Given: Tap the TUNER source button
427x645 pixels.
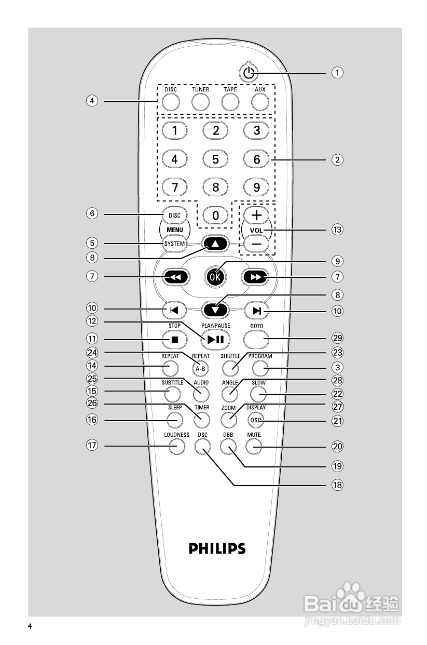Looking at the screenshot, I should coord(200,102).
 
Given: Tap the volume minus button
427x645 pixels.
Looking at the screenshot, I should coord(257,244).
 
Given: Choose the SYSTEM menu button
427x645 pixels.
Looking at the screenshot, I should coord(175,244).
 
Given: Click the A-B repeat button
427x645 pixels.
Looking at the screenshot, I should coord(200,368).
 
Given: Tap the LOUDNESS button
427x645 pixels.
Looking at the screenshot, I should coord(177,445).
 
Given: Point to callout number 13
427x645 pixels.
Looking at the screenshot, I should coord(338,229).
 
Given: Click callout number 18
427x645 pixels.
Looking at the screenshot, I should coord(338,485).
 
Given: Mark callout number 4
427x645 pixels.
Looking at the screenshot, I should coord(92,101).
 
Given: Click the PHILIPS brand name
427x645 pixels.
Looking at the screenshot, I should coord(217,548).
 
